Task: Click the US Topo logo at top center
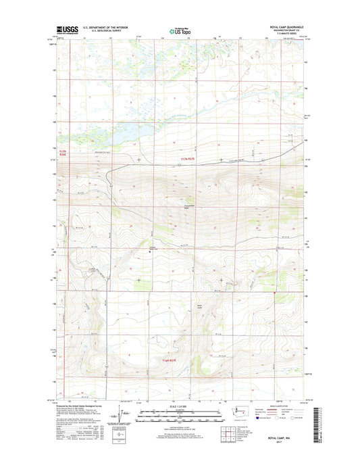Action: pyautogui.click(x=180, y=29)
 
